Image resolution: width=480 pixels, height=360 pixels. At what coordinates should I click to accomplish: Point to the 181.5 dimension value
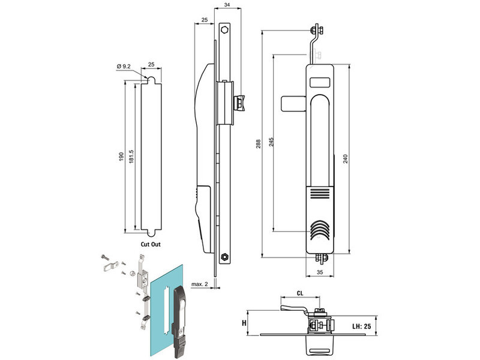[131, 157]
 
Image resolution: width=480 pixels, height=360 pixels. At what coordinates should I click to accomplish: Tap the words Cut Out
[151, 244]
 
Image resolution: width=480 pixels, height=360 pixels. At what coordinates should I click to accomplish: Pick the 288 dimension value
[257, 144]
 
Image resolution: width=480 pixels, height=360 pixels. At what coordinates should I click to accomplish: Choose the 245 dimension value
[271, 142]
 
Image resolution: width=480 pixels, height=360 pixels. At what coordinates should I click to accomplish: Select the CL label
[299, 294]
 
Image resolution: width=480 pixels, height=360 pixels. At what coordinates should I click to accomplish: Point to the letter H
[244, 323]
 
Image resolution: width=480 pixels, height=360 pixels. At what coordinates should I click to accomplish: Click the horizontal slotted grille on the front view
[320, 193]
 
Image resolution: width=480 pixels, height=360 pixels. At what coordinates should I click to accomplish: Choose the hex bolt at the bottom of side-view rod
[224, 256]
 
